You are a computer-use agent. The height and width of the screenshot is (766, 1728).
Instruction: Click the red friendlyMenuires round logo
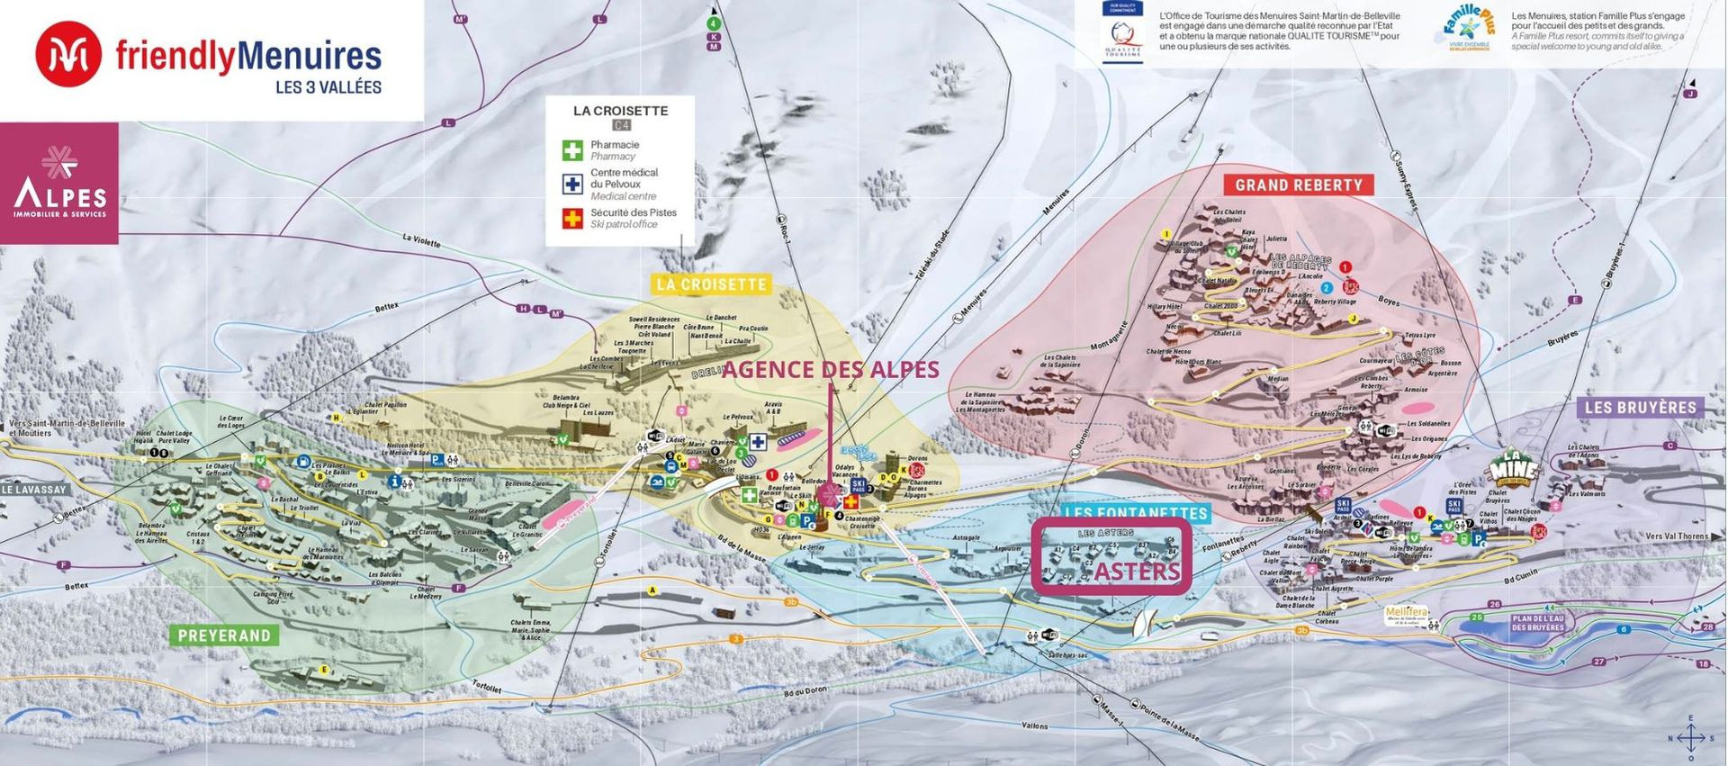coord(67,55)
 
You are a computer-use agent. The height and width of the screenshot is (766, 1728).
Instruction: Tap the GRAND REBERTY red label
coord(1298,185)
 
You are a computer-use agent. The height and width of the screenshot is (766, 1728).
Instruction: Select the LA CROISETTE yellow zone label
coord(711,284)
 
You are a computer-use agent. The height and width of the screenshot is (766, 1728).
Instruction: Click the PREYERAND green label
coord(224,635)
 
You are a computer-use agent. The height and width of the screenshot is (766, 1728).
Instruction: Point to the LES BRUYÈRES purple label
coord(1640,408)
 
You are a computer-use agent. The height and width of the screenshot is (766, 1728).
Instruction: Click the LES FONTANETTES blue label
coord(1135,513)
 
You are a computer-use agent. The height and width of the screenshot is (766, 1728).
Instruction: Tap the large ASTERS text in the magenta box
coord(1137,572)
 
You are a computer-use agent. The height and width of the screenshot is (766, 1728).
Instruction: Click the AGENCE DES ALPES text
coord(830,369)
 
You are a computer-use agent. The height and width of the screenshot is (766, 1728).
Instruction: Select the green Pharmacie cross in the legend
coord(572,149)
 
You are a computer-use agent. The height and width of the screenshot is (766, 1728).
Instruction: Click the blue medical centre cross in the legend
coord(572,184)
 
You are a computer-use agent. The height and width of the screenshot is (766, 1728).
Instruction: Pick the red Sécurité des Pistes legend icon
coord(572,218)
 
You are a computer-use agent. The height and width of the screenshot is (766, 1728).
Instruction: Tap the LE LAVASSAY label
coord(34,490)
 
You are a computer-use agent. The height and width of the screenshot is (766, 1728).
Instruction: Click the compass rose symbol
coord(1690,738)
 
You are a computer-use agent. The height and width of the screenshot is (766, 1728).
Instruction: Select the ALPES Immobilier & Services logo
coord(59,184)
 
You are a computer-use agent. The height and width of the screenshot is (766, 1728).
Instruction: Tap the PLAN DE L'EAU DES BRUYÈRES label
coord(1537,623)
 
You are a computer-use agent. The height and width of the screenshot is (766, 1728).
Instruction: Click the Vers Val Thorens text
coord(1676,536)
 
